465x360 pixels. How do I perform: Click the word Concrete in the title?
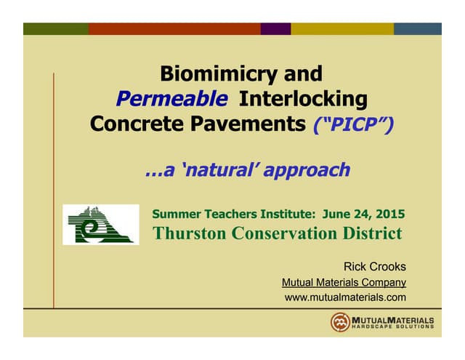134,124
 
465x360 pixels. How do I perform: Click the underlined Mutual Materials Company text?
343,282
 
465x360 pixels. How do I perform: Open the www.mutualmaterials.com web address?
345,297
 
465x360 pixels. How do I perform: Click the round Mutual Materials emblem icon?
340,322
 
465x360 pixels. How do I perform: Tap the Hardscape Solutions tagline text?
392,327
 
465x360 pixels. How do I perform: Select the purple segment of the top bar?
275,29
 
